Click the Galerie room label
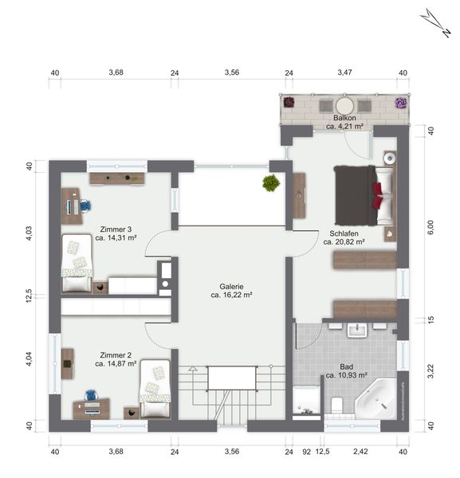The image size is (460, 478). click(x=231, y=287)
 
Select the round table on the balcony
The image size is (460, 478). click(x=345, y=106)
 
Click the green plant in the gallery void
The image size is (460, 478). click(x=271, y=183)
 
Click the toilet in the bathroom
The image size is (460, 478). click(x=336, y=405)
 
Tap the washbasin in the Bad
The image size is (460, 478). click(x=357, y=330)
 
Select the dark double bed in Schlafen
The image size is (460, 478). click(x=364, y=195)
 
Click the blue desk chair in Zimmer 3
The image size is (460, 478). click(x=86, y=206)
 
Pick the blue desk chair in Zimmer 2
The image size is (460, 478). click(x=90, y=395)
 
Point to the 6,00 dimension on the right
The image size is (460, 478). click(x=431, y=227)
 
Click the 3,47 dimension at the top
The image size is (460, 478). click(x=344, y=72)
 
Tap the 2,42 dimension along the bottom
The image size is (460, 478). click(x=360, y=452)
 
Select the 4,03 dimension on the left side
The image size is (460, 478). click(x=29, y=233)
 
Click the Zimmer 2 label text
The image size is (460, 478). click(x=116, y=355)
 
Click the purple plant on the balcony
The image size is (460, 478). click(x=401, y=103)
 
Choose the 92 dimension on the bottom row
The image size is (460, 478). click(x=307, y=452)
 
